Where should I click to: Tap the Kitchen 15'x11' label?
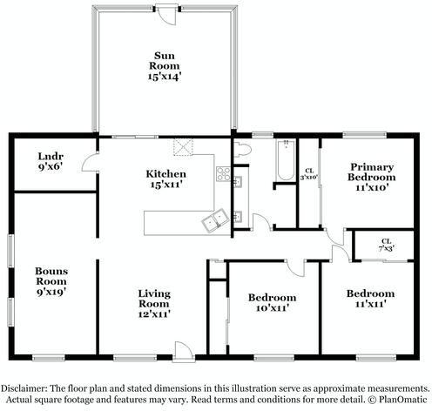165,179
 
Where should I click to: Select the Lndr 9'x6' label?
51,161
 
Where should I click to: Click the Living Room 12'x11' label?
154,304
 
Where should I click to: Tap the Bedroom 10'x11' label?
272,302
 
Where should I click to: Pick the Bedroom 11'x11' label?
370,299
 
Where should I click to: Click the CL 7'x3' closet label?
386,245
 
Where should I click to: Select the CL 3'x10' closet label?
309,174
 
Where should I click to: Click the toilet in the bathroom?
242,149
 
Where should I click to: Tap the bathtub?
286,160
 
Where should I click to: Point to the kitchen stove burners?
223,173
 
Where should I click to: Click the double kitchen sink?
215,220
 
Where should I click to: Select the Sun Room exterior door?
166,14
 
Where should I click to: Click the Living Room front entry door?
184,352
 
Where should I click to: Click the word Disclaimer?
24,388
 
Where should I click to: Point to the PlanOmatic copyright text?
398,400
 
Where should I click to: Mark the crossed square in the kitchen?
183,147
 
